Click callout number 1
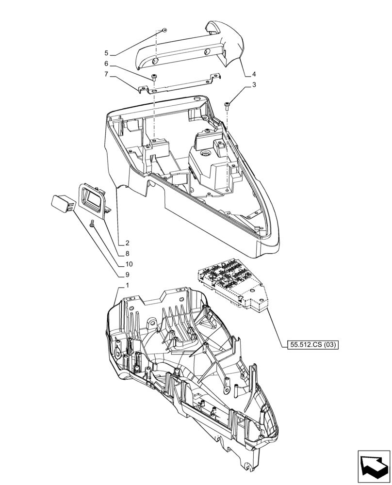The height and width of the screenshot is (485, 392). click(x=127, y=286)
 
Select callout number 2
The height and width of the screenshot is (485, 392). click(x=127, y=242)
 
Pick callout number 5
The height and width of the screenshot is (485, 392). click(x=106, y=52)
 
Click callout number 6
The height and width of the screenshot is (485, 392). click(x=106, y=64)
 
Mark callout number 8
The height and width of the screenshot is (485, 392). click(x=127, y=253)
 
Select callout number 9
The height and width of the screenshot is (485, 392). click(x=127, y=275)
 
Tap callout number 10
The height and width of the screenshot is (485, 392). click(x=129, y=264)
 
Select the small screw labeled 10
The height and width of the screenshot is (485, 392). click(x=92, y=223)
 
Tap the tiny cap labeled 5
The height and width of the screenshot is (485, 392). click(x=164, y=30)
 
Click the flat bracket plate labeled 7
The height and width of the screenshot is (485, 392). click(x=180, y=86)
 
